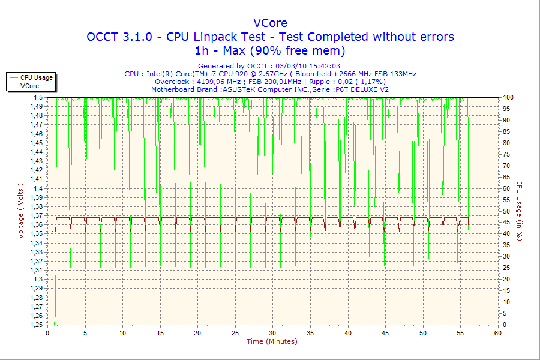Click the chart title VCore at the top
(270, 23)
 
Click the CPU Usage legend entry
(37, 77)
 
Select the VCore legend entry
(30, 86)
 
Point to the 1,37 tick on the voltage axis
(38, 215)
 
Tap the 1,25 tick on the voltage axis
(38, 325)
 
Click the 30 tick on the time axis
(272, 332)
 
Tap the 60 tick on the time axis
(497, 332)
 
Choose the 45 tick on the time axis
(385, 332)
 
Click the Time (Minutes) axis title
(272, 341)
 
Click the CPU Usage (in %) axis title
(520, 211)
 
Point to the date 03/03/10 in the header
(291, 66)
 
